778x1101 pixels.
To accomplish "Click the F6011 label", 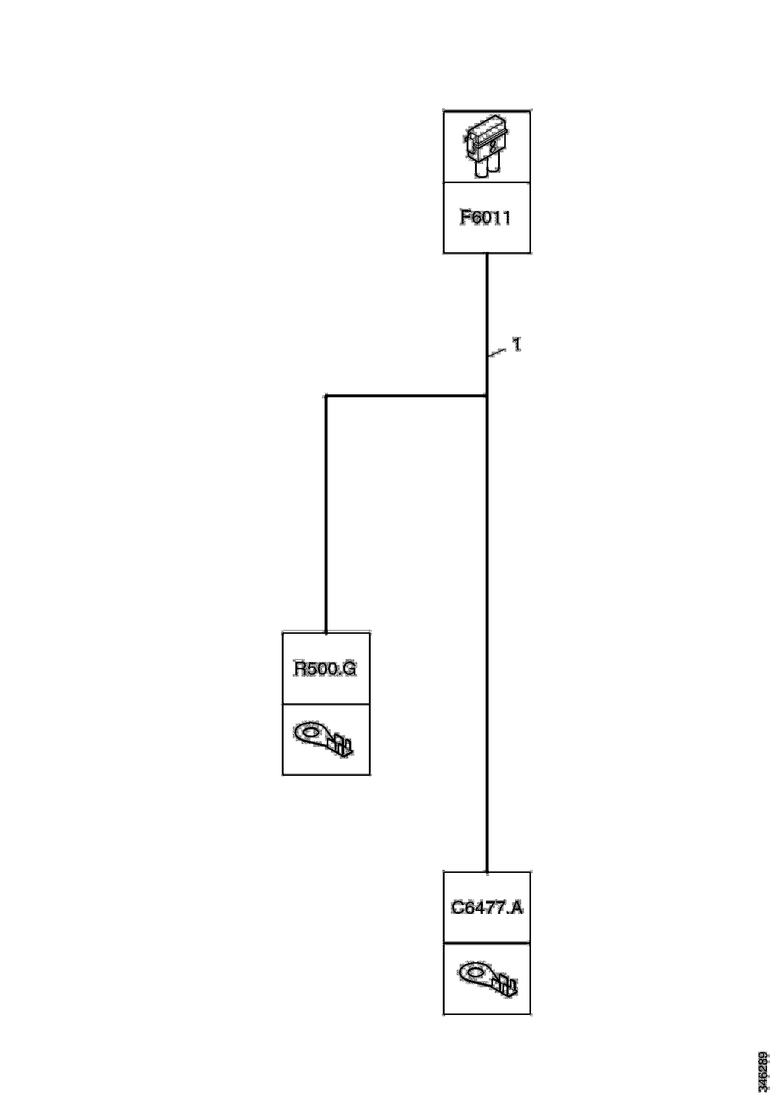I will point(486,217).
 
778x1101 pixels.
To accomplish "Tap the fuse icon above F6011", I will point(486,146).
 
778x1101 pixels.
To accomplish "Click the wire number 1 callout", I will point(517,344).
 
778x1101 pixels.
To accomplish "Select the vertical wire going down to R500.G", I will point(326,513).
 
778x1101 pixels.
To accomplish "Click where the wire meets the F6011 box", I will point(487,253).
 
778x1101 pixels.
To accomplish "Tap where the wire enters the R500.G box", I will point(326,633).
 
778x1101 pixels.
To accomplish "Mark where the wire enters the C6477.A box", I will point(487,872).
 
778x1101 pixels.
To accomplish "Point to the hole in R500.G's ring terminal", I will point(310,733).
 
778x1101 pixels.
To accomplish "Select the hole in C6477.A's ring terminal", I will point(475,972).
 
